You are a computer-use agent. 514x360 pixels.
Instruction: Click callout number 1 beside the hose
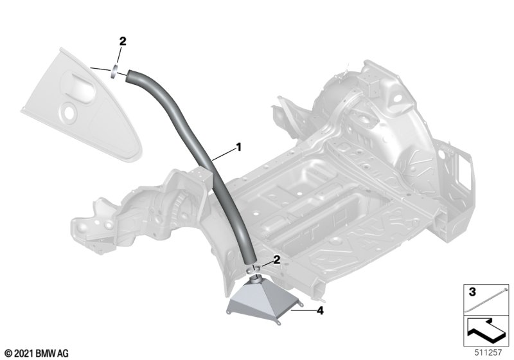(x=239, y=147)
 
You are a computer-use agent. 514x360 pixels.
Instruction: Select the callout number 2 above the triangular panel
(x=122, y=41)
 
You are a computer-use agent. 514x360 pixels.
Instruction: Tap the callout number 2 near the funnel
(x=277, y=260)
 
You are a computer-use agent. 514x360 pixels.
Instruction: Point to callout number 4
(x=320, y=310)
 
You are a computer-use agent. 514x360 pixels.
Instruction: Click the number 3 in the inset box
(x=472, y=291)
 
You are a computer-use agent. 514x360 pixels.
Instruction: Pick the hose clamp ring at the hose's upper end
(x=114, y=71)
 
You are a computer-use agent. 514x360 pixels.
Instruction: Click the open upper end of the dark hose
(x=129, y=76)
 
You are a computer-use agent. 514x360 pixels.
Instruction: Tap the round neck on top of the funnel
(x=256, y=280)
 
